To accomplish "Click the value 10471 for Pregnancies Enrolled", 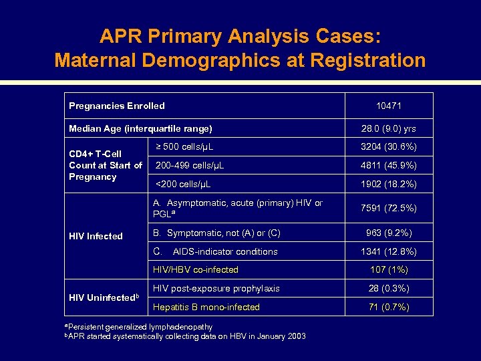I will [x=388, y=106].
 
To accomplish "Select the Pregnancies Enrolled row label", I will [x=117, y=106].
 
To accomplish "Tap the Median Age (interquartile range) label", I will [x=140, y=128].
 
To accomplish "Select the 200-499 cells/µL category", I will [x=190, y=165].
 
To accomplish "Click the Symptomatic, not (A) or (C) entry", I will [x=216, y=233].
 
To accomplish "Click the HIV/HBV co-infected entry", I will [x=195, y=270].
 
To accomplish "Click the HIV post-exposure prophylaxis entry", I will [x=216, y=289].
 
